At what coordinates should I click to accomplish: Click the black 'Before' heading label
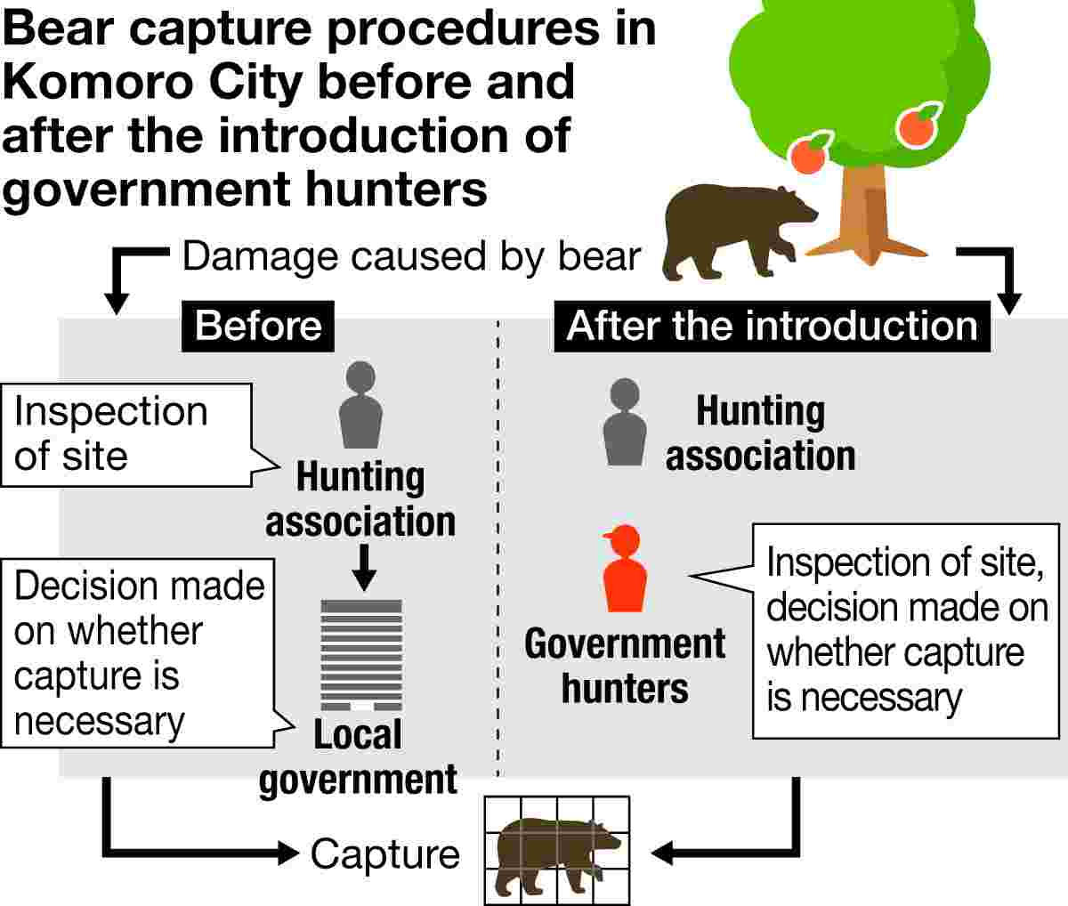tap(258, 326)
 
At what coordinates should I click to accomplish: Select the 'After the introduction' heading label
tap(772, 326)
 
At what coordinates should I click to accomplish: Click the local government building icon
tap(361, 654)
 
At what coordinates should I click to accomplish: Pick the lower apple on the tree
tap(809, 155)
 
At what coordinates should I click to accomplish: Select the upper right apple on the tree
tap(917, 125)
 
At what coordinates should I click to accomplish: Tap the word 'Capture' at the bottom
tap(384, 854)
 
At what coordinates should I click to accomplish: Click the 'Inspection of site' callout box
tap(125, 434)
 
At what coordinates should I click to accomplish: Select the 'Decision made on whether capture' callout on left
tap(138, 654)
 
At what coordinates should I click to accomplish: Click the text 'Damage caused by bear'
tap(410, 256)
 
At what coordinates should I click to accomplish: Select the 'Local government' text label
tap(358, 757)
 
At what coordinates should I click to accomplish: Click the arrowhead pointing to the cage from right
tap(666, 854)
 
